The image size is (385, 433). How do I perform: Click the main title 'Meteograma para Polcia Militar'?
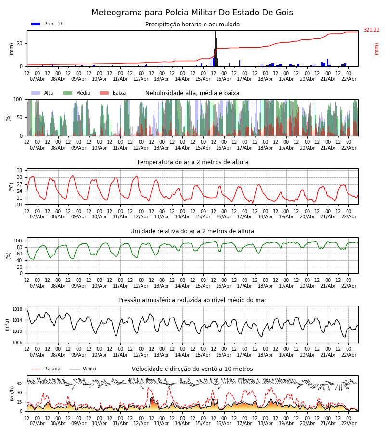pos(192,13)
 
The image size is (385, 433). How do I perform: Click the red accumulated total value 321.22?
pos(371,30)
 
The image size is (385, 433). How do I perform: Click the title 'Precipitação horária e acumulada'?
pos(192,25)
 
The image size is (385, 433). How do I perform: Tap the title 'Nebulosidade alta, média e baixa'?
pos(192,93)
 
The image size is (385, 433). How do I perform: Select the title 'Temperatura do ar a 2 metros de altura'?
pos(192,162)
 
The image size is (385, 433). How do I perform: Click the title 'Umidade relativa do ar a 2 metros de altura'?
pos(192,231)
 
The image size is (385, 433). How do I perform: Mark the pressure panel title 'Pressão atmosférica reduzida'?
pos(192,300)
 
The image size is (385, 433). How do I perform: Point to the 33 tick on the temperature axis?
pos(20,171)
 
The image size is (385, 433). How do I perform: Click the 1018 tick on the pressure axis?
pos(17,309)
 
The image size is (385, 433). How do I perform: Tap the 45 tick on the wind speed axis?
pos(20,383)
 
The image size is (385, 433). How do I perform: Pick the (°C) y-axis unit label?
pos(12,187)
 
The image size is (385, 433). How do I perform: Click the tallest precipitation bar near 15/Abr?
pos(215,48)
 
